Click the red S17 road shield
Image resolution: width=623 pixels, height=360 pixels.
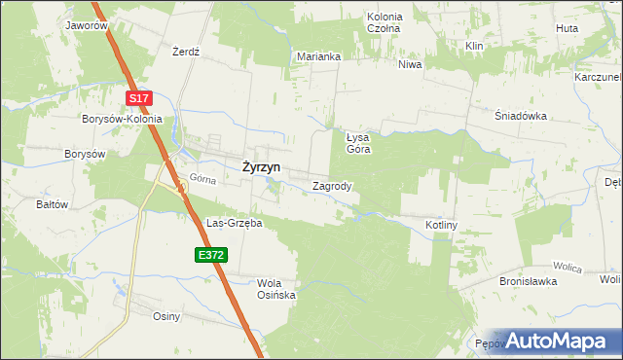tap(140, 98)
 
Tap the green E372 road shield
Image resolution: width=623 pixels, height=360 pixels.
tap(210, 255)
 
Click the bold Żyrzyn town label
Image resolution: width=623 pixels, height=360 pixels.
tap(260, 166)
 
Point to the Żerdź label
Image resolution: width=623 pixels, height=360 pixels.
tap(185, 52)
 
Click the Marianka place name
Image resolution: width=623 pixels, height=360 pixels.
tap(318, 56)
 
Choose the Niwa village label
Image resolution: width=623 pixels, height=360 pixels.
tap(409, 65)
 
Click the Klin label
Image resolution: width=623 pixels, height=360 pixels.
tap(475, 46)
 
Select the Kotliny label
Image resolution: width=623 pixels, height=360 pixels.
tap(441, 225)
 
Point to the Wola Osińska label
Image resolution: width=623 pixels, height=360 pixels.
tap(275, 290)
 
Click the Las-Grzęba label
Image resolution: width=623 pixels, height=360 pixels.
tap(234, 223)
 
